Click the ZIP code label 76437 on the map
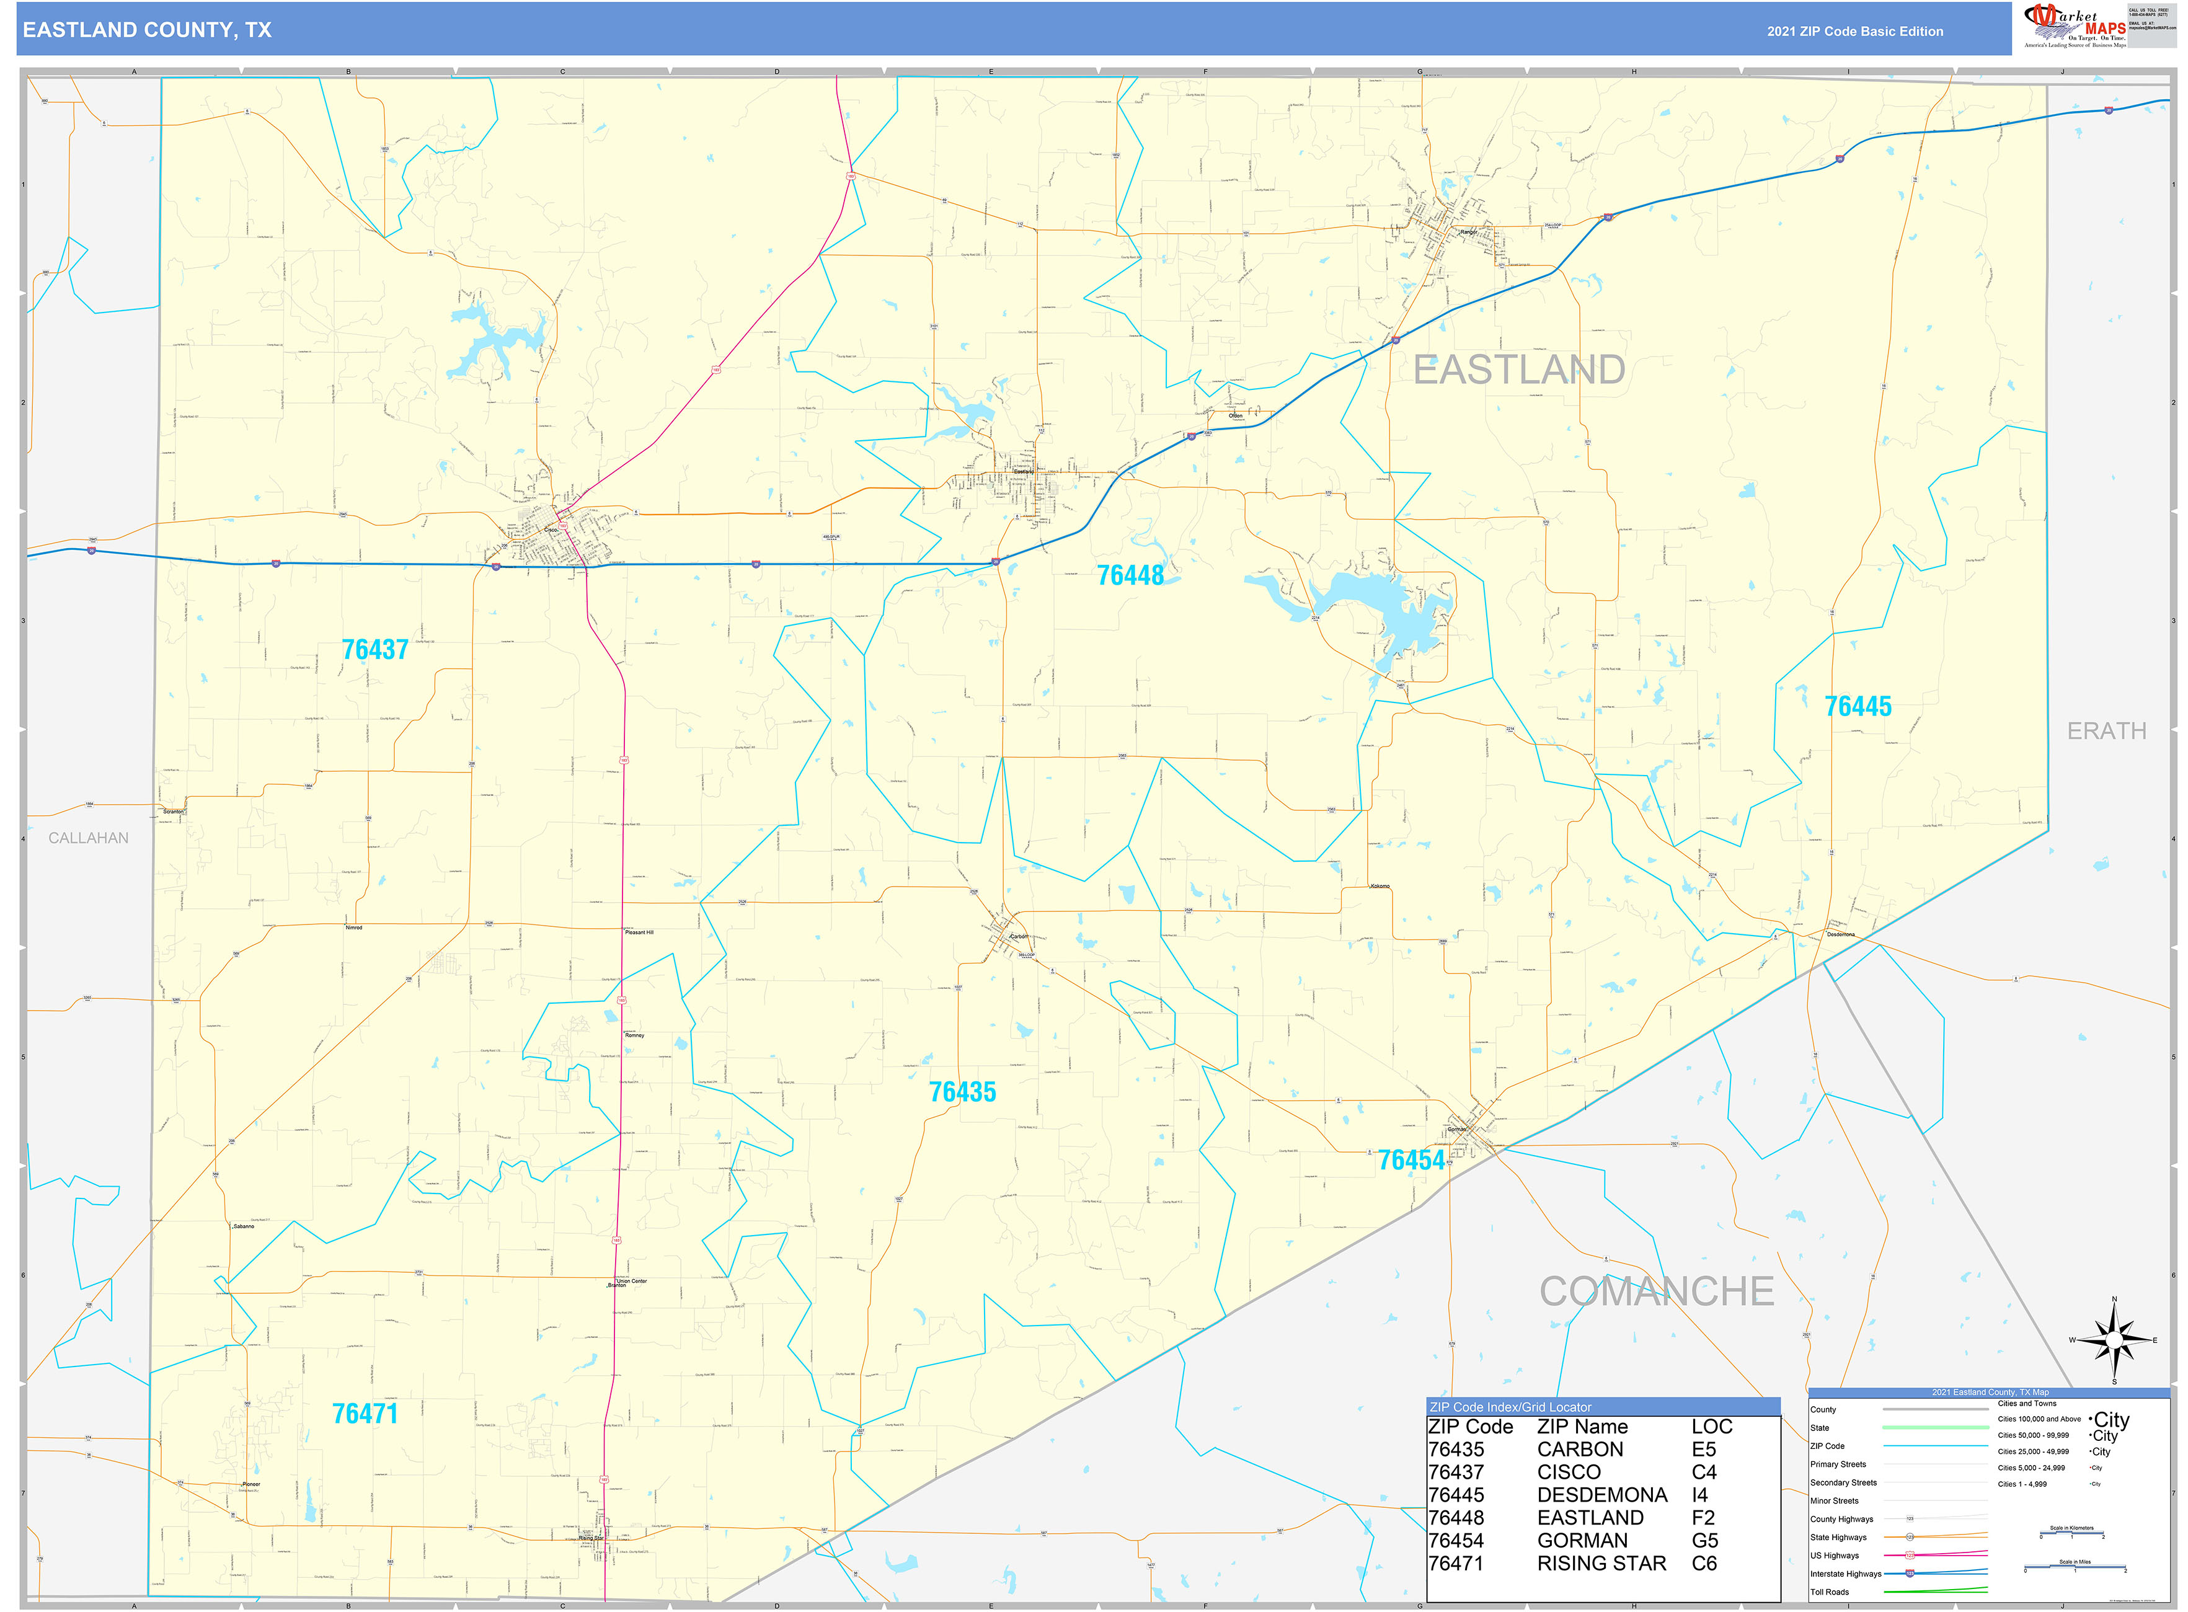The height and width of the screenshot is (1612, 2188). point(374,650)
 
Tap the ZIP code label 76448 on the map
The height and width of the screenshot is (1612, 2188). point(1130,576)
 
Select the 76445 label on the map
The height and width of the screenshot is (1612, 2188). point(1857,706)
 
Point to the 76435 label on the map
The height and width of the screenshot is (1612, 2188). point(962,1092)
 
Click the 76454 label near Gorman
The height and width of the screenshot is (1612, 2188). point(1410,1160)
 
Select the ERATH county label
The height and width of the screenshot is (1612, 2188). point(2106,731)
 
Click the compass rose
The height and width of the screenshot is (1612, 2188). point(2114,1340)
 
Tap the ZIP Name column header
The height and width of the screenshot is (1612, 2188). point(1582,1427)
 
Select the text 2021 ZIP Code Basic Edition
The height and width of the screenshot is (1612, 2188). point(1854,31)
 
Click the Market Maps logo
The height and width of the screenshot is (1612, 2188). point(2074,26)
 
